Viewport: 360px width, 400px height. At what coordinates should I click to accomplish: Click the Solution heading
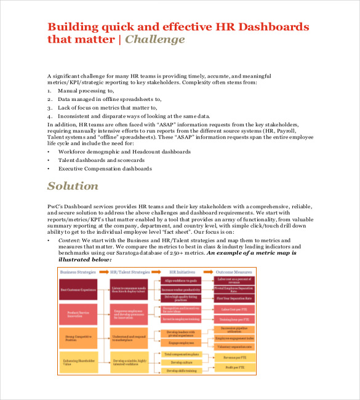pos(73,186)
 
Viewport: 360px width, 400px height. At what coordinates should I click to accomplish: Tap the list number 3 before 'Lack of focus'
pos(49,107)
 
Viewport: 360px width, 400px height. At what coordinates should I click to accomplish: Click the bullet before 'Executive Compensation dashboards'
pos(49,168)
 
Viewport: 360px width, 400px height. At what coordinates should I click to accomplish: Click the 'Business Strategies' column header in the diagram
pos(77,271)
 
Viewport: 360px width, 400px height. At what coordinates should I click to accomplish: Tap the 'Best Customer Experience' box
pos(78,289)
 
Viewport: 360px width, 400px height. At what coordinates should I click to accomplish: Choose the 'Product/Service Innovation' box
pos(78,313)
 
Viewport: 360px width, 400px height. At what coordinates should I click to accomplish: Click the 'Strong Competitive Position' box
pos(78,337)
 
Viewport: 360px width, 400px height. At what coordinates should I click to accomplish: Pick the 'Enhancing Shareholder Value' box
pos(78,362)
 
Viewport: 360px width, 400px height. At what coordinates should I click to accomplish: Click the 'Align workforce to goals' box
pos(182,281)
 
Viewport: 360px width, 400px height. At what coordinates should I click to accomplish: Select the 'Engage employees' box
pos(182,343)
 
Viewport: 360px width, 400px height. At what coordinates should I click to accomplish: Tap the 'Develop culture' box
pos(182,362)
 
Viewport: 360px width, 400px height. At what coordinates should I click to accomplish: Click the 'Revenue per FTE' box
pos(234,357)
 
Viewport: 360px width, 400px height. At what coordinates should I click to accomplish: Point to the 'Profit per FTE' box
pos(234,367)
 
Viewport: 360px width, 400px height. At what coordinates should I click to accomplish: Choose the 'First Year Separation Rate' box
pos(234,298)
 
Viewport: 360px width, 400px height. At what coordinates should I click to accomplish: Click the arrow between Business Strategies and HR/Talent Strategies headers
pos(102,271)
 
